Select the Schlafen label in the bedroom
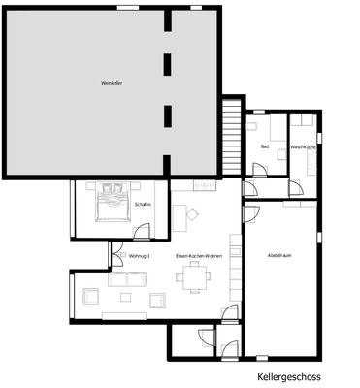click(143, 205)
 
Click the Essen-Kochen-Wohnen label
click(199, 255)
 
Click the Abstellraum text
click(280, 255)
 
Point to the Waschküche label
click(303, 146)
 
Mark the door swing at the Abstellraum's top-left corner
click(250, 213)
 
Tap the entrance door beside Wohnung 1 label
click(115, 254)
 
